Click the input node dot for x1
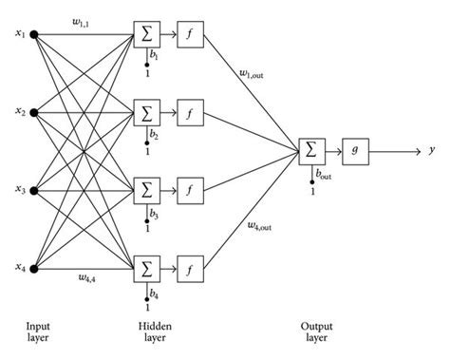(35, 36)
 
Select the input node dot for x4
(35, 269)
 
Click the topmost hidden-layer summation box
(147, 36)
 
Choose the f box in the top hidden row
(190, 36)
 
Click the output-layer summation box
(310, 149)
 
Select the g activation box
(354, 149)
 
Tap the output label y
(433, 149)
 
